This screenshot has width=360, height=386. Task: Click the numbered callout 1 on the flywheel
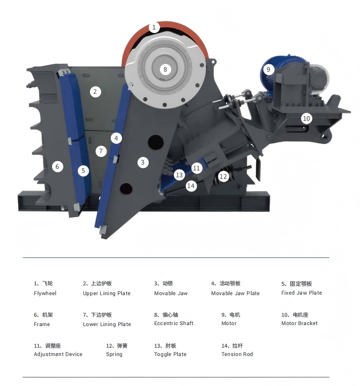pos(154,27)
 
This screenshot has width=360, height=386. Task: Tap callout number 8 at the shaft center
pos(165,69)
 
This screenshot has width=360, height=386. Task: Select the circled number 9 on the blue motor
pos(268,69)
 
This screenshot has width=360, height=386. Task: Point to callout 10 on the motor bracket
pos(306,118)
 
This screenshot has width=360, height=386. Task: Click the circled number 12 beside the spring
pos(223,176)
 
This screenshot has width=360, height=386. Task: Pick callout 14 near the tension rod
pos(191,186)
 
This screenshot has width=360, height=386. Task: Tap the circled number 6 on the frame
pos(57,166)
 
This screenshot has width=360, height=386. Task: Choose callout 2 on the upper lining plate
pos(95,92)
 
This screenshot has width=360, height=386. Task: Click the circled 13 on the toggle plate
pos(179,175)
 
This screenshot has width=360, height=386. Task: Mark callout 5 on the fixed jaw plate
pos(83,170)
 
